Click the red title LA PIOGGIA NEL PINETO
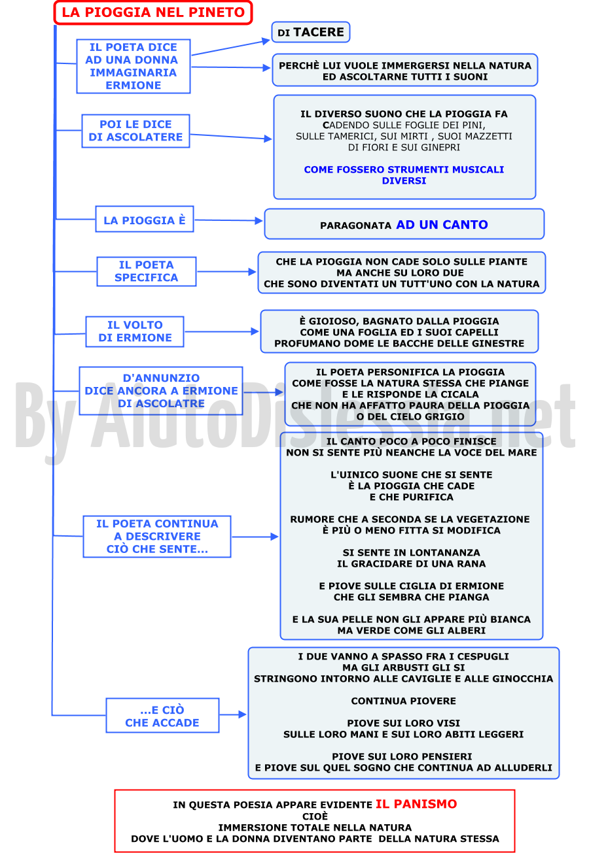coord(153,12)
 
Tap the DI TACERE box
coord(311,32)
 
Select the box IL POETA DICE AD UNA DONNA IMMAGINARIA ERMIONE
coord(134,66)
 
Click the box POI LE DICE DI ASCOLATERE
coord(135,131)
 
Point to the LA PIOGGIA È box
coord(145,220)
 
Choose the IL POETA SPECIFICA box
coord(147,271)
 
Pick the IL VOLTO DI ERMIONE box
coord(135,331)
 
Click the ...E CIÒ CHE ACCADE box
coord(162,715)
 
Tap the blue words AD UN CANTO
coord(442,225)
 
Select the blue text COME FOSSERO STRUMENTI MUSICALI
coord(404,169)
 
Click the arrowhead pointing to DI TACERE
coord(266,41)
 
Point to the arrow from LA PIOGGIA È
coord(228,220)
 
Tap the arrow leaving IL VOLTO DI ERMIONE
coord(221,331)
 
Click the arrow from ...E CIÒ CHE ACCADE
coord(233,714)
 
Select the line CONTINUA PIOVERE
coord(403,701)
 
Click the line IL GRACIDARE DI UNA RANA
coord(412,563)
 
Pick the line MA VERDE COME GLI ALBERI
coord(412,630)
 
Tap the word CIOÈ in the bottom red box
coord(315,816)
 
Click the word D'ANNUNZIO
coord(161,378)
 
